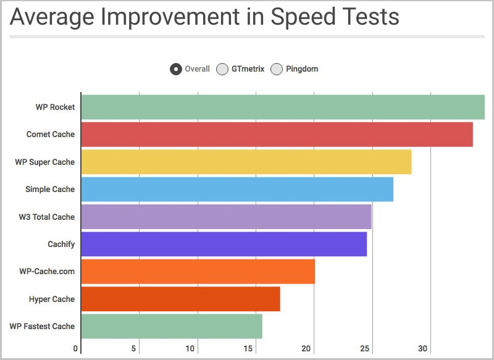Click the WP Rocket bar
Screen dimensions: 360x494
(282, 107)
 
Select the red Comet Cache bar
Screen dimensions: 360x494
(277, 135)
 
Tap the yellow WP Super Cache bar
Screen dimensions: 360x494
(246, 162)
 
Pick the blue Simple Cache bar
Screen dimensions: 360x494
(237, 190)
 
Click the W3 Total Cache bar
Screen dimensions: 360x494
(226, 217)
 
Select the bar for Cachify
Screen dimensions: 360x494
(224, 244)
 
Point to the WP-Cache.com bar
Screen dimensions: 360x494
(198, 272)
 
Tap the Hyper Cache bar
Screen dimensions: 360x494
(180, 299)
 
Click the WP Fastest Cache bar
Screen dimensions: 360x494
(172, 326)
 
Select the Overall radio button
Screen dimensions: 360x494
(176, 69)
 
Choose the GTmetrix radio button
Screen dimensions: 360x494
(222, 69)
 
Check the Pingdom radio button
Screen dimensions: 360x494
(277, 69)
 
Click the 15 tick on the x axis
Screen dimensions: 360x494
(248, 349)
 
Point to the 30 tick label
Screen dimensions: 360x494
(423, 349)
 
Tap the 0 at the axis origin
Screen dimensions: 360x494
(75, 349)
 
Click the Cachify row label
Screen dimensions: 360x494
(61, 245)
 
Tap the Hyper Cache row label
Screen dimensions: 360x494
(52, 299)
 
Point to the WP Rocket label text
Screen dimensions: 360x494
(55, 107)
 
